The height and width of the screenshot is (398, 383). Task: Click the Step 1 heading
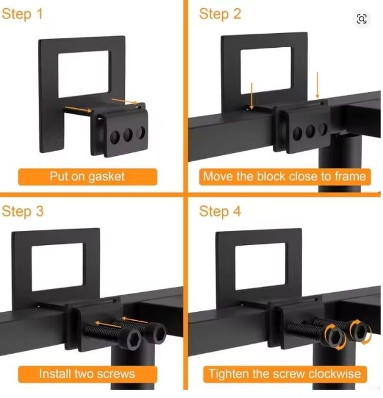coord(22,14)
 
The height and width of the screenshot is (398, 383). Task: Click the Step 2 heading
coord(220,14)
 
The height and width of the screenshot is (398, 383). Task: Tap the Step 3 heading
coord(22,211)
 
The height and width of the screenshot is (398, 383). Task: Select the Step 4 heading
coord(220,211)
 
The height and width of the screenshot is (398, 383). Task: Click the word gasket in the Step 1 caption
coord(107,177)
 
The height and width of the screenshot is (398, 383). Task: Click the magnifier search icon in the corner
coord(361,19)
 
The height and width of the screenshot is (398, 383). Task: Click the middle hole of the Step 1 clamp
coord(128,135)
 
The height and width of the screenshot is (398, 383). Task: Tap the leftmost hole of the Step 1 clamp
coord(115,137)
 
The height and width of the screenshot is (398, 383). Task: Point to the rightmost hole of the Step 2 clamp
coord(323,129)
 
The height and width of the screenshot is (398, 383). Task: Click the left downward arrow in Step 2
coord(251,96)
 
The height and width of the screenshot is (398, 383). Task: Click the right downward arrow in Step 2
coord(317,85)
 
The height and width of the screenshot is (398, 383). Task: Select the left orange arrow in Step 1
coord(78,109)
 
